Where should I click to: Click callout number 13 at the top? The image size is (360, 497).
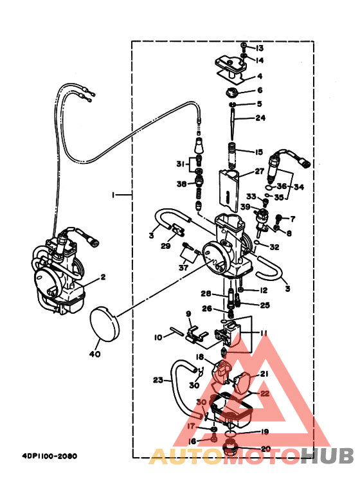[260, 49]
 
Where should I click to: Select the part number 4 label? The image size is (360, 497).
[260, 76]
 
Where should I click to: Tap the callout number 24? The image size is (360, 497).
[260, 118]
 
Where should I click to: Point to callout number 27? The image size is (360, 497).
[259, 172]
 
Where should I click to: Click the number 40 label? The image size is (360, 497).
[95, 354]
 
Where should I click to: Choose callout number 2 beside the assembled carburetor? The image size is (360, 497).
[102, 278]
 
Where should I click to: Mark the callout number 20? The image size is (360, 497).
[265, 448]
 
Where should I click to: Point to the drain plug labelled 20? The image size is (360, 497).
[229, 447]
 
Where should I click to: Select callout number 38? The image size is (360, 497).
[181, 184]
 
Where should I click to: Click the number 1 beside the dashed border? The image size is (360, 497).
[113, 195]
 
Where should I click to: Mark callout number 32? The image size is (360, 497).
[274, 246]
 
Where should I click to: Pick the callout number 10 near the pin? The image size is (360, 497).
[158, 337]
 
